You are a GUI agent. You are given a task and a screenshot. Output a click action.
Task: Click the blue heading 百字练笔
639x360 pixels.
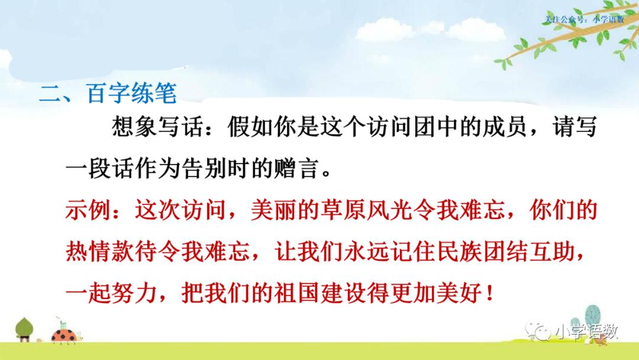pyautogui.click(x=131, y=94)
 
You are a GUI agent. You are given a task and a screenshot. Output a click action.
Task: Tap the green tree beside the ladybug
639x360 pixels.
pyautogui.click(x=25, y=329)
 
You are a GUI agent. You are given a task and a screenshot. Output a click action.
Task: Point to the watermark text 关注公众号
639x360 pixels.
pyautogui.click(x=566, y=19)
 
